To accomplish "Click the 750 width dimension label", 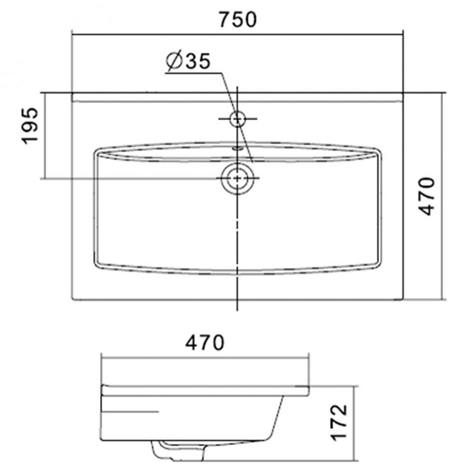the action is pos(238,20).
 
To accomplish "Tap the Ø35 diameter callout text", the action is pos(188,61).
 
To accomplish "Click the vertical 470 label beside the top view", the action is pos(426,196).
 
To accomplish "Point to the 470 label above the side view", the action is pos(205,343).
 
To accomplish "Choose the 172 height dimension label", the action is pos(340,422).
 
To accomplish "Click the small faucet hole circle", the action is pos(237,119).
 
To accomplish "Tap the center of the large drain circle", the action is pos(237,178).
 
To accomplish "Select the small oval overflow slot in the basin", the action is pos(238,147).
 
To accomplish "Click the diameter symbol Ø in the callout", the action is pos(175,61).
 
